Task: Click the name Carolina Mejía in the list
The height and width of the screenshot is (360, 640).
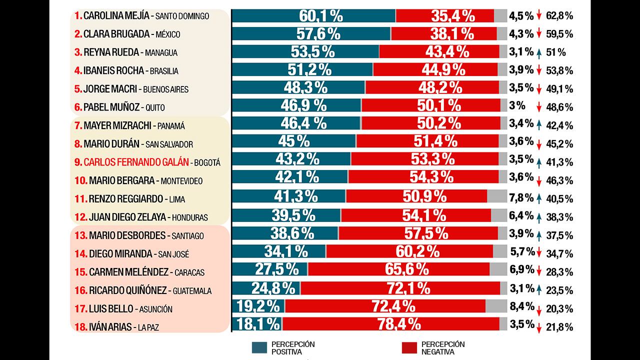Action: coord(116,15)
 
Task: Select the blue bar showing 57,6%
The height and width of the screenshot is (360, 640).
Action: coord(311,34)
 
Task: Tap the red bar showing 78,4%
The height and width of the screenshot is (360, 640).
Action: coord(391,324)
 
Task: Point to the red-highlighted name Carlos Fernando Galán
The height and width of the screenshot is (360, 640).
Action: coord(136,162)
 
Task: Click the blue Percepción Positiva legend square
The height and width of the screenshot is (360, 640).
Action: coord(260,348)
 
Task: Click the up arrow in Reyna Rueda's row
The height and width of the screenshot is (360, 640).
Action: coord(539,52)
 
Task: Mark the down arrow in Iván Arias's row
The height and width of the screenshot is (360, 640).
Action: coord(539,328)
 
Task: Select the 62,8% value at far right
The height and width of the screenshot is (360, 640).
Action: coord(559,15)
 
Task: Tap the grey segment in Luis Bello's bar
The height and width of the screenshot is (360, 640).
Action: coord(496,305)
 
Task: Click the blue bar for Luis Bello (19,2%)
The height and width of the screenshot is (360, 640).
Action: coord(258,305)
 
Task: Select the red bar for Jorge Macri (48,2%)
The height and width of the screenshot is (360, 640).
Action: coord(432,87)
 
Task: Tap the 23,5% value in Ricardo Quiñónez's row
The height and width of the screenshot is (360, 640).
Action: coord(559,290)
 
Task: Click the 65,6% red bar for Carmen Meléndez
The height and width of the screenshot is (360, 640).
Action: coord(398,269)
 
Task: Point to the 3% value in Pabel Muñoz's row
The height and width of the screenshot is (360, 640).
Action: coord(516,105)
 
